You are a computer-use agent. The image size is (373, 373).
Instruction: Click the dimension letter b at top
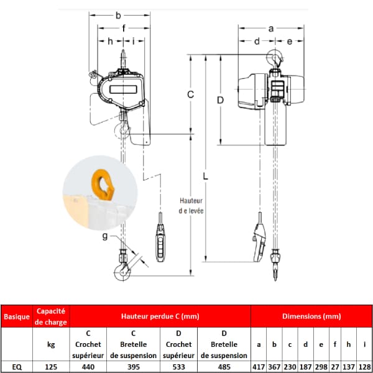pos(118,16)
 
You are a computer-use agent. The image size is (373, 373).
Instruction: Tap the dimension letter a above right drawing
pos(271,29)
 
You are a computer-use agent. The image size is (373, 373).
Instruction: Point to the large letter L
pos(205,177)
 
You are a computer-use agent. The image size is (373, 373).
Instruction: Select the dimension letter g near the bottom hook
pos(105,236)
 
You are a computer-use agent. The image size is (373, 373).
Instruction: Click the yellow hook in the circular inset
pos(103,185)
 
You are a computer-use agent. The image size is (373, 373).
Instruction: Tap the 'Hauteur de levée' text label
pos(191,206)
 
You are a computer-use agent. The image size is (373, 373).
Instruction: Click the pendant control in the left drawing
pos(160,242)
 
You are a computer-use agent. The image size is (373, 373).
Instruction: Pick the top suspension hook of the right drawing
pos(275,59)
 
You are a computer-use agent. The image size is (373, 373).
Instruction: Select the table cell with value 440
pos(88,367)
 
